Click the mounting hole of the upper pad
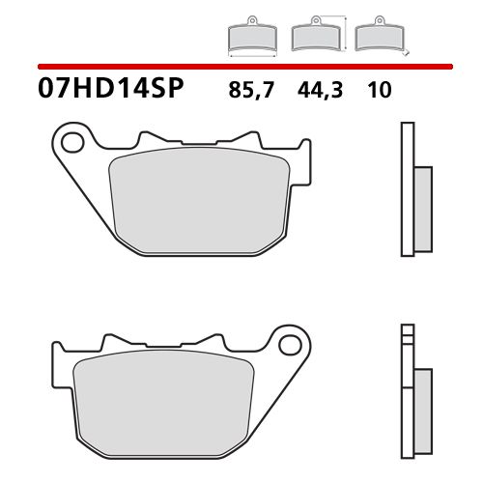coord(68,144)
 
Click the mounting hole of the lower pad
coord(287,343)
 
